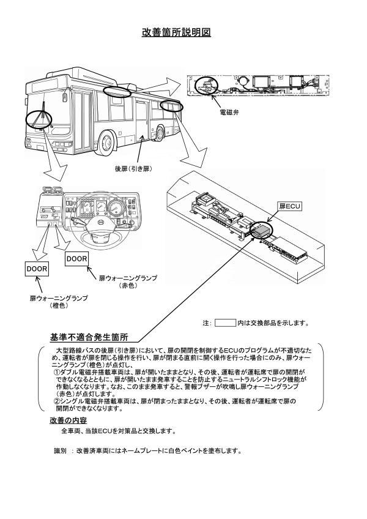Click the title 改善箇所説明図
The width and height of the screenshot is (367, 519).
(x=176, y=32)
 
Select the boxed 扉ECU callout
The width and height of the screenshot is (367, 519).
(x=291, y=206)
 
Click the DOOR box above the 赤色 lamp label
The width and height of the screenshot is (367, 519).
(x=77, y=259)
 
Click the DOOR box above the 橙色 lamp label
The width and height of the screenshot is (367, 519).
(x=37, y=268)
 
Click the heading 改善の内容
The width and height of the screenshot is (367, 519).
(x=68, y=420)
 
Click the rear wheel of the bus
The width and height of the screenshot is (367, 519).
(x=164, y=131)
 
